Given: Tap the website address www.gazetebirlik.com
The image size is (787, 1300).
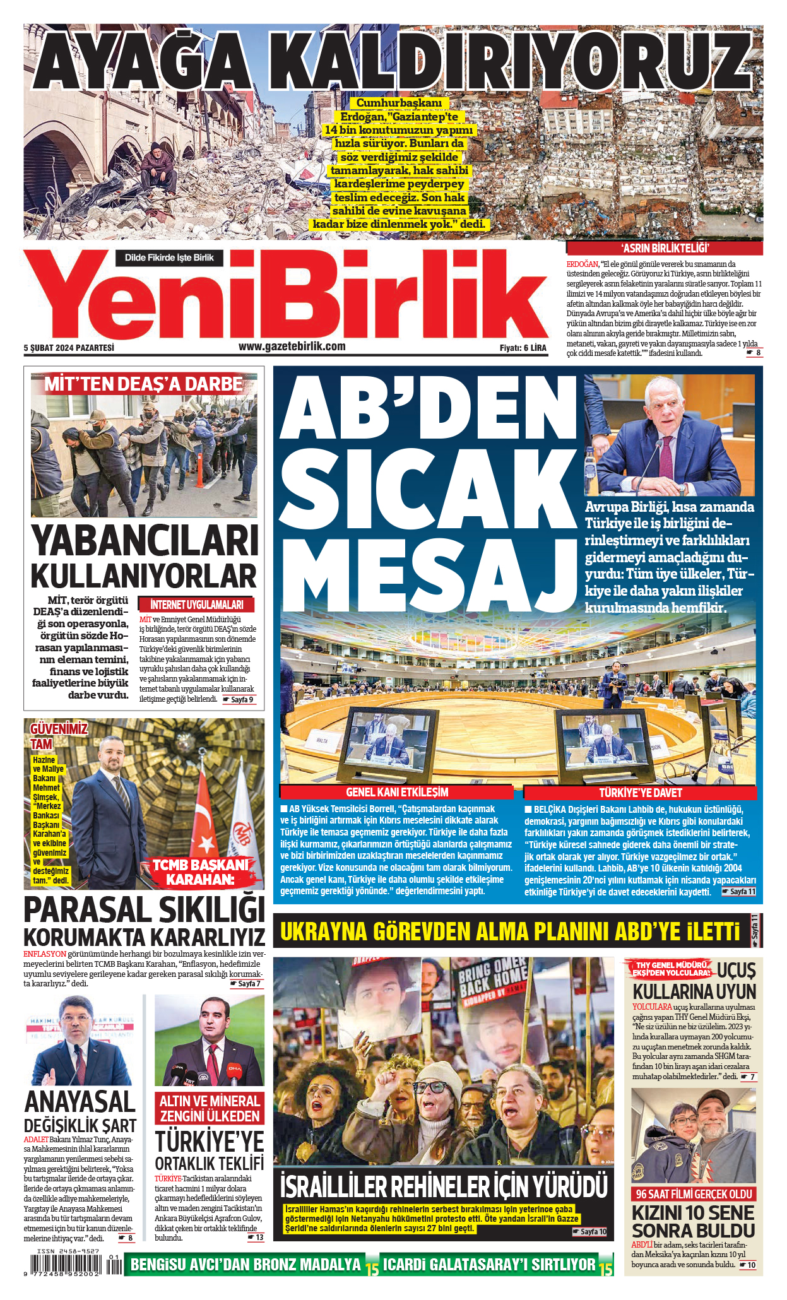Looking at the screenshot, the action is [292, 346].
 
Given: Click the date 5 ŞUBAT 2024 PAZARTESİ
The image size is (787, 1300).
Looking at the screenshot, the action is [69, 347].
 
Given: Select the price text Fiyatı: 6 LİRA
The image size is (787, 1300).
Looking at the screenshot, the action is [523, 348].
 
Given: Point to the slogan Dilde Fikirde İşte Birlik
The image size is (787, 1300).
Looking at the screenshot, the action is [169, 257].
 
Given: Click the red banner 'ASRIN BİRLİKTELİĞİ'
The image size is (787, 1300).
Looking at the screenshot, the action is [665, 248].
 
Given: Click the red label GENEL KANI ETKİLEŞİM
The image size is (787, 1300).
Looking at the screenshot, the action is [397, 792].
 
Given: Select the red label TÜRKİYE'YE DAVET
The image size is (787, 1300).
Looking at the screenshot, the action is [641, 793].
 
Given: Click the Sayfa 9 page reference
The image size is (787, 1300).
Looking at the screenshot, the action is [240, 699].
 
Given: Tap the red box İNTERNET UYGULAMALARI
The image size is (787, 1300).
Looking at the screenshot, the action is [197, 604].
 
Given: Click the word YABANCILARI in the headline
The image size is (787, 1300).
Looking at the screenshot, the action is [145, 541].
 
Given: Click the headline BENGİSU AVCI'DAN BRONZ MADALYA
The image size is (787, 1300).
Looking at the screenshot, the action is [246, 1265].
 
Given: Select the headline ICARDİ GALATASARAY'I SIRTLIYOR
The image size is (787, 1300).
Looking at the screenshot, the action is [489, 1265].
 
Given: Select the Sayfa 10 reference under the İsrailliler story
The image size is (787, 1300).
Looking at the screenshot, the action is [589, 1231].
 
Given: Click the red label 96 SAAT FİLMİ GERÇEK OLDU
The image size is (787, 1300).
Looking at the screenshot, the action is [694, 1193].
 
